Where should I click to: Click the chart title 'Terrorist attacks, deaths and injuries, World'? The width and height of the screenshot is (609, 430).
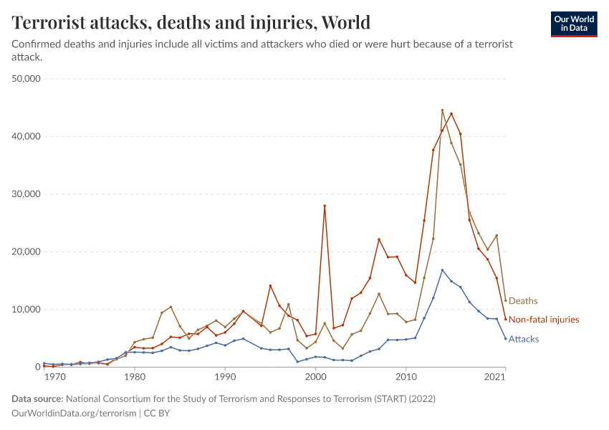point(191,23)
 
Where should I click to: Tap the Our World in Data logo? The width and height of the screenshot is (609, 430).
point(573,24)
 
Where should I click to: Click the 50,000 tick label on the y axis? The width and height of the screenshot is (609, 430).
point(27,78)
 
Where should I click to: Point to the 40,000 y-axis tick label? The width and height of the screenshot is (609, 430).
point(27,136)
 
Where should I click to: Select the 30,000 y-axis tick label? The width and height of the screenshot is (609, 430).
point(27,194)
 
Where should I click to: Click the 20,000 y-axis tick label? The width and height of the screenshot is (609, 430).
point(27,252)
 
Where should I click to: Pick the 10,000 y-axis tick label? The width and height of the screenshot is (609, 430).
point(27,310)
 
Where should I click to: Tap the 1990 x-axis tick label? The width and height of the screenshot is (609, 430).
point(225,377)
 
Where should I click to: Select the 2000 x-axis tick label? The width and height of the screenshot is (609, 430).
point(316,377)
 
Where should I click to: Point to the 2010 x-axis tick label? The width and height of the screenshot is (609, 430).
point(406,377)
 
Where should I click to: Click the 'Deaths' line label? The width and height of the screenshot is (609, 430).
point(523,301)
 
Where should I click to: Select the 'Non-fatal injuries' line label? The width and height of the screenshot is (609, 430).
point(544,320)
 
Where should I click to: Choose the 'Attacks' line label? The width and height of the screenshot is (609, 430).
point(524,339)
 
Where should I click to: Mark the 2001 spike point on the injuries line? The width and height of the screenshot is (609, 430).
point(325,206)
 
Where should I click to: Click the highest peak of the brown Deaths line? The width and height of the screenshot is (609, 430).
point(442,110)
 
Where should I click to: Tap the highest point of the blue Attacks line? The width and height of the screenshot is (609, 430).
point(442,270)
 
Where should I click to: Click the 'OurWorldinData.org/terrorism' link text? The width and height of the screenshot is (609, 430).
point(73,414)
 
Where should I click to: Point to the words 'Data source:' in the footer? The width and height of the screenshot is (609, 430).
point(37,398)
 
